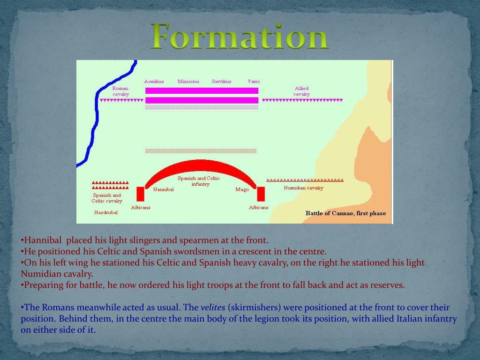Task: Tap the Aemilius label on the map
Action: pos(154,82)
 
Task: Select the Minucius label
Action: pos(188,82)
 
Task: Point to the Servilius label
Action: pos(221,82)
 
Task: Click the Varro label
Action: pos(254,82)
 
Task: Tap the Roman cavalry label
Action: pos(120,91)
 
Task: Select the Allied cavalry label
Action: pos(301,91)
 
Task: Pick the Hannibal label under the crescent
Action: pos(163,190)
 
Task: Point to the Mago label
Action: pos(242,190)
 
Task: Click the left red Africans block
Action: pos(140,194)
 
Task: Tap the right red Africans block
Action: pos(261,194)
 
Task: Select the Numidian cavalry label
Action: pos(303,188)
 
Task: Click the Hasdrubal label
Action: pos(106,212)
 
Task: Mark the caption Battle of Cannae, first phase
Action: pos(345,213)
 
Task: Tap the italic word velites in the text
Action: pos(213,308)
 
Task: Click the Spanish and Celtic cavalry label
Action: pos(107,198)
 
